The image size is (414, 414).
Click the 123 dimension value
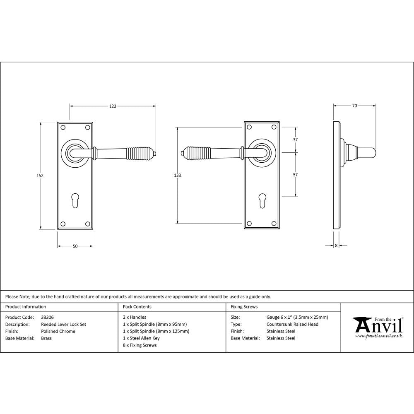point(113,106)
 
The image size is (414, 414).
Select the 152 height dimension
point(40,175)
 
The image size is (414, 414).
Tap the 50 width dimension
point(75,246)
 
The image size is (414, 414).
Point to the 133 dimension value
point(177,175)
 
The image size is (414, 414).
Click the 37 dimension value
point(295,140)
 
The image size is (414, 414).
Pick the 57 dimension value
point(295,175)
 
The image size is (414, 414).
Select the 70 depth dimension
point(354,106)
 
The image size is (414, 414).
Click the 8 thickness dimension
point(336,246)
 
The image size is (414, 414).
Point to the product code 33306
point(47,318)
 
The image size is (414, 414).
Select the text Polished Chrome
point(58,331)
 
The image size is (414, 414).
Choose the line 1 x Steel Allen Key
point(141,338)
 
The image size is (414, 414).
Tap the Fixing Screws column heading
point(244,307)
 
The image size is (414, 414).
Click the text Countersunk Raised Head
point(292,325)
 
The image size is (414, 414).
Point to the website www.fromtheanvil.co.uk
point(378,336)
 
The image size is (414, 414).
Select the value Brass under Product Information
point(46,338)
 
